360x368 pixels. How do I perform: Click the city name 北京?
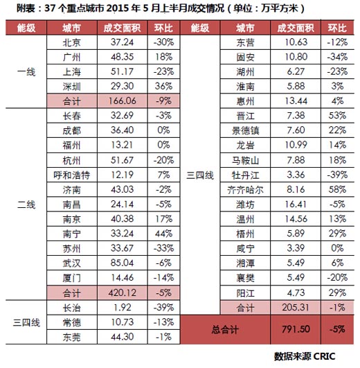click(x=72, y=42)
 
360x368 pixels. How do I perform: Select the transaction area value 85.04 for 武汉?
click(x=122, y=263)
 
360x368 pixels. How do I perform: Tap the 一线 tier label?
click(x=26, y=72)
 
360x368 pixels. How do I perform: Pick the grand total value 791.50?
click(x=296, y=329)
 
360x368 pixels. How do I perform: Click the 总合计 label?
click(x=225, y=329)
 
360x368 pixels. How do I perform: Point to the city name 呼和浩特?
click(x=72, y=175)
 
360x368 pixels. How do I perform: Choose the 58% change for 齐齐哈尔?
click(x=337, y=189)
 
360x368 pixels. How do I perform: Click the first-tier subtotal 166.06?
click(x=122, y=101)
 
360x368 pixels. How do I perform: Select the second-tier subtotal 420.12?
click(x=122, y=292)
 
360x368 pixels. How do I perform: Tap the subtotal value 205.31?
click(x=296, y=307)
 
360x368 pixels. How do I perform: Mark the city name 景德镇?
click(x=245, y=131)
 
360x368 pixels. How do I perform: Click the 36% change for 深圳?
click(x=163, y=86)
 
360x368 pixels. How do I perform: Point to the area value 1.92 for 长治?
click(x=122, y=307)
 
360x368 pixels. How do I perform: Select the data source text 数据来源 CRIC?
click(x=305, y=356)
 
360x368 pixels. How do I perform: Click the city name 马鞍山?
click(x=245, y=161)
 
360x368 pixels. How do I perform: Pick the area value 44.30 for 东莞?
click(x=122, y=337)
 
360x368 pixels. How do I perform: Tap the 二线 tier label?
click(x=26, y=204)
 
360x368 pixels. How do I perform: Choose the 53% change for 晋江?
click(x=337, y=116)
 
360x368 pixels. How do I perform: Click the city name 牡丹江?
click(x=245, y=175)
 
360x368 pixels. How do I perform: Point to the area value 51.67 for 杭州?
click(x=122, y=160)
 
